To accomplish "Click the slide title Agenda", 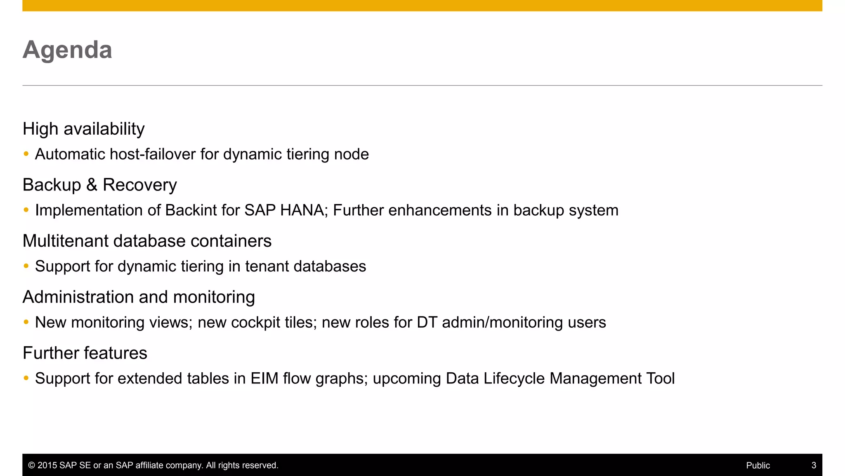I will [x=67, y=50].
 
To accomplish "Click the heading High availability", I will [x=83, y=129].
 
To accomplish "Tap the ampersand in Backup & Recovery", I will [x=92, y=185].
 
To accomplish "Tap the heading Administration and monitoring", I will [x=139, y=297].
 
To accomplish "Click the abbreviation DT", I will [x=427, y=322].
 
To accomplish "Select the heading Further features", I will [x=85, y=353].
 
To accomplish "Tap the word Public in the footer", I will [x=758, y=465].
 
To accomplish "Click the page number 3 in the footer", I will [x=814, y=465].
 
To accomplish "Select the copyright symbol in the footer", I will [x=31, y=465].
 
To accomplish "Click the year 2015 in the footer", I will [x=47, y=465].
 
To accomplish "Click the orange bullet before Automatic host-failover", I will [x=26, y=154].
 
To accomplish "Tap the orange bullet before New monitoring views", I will [x=26, y=322].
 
